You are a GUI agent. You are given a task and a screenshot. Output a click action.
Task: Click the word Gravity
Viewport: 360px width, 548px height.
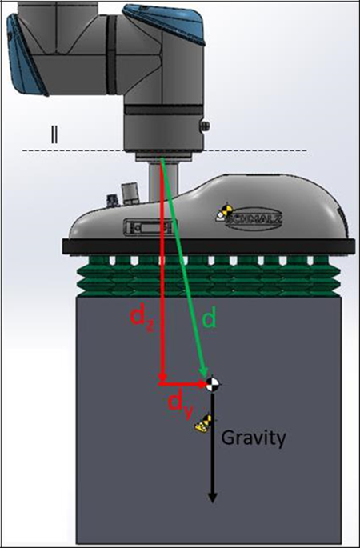(x=254, y=439)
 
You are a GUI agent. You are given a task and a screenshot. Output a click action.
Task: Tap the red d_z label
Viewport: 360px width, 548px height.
(x=142, y=321)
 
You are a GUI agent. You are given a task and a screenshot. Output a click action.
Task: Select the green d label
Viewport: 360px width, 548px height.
(x=210, y=318)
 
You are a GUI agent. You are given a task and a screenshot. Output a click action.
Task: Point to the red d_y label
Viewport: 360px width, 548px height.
(x=180, y=404)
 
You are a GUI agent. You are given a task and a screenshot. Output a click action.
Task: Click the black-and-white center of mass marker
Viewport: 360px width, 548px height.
(x=213, y=384)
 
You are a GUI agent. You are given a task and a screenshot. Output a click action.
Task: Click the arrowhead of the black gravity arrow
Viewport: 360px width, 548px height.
(x=213, y=498)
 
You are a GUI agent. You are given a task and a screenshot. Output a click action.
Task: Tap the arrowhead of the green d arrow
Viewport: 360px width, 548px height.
(x=204, y=371)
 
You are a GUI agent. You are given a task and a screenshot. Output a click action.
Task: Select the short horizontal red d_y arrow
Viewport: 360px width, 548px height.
(x=182, y=384)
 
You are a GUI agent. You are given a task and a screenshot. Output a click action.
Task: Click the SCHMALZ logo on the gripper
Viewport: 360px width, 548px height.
(x=254, y=219)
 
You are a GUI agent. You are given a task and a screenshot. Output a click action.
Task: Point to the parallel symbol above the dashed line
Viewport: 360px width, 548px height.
(x=54, y=135)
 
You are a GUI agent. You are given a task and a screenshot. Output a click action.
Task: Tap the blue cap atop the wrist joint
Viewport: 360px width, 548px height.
(x=164, y=22)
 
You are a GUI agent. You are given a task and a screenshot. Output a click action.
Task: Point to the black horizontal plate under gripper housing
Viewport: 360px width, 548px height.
(x=209, y=247)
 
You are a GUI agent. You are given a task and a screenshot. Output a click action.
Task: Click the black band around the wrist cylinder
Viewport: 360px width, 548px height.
(x=164, y=110)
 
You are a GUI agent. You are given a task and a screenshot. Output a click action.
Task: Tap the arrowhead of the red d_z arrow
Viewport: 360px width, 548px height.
(x=162, y=377)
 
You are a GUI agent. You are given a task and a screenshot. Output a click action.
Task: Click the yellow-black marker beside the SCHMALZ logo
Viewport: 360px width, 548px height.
(x=225, y=212)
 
